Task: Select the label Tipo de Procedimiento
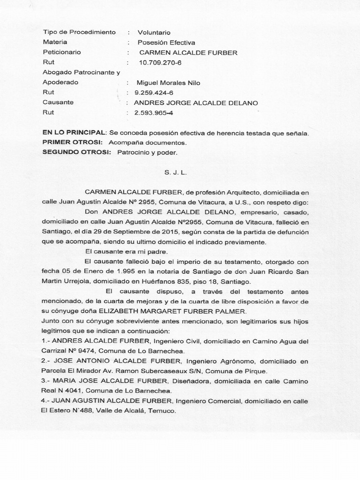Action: pos(79,32)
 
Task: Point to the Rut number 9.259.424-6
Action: pos(154,92)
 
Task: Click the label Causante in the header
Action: pos(58,102)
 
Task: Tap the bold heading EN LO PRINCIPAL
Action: pos(74,133)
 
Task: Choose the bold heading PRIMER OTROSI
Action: pos(72,142)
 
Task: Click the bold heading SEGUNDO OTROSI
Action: pos(76,152)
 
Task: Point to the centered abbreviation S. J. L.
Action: pos(176,173)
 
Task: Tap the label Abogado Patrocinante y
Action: pos(82,72)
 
